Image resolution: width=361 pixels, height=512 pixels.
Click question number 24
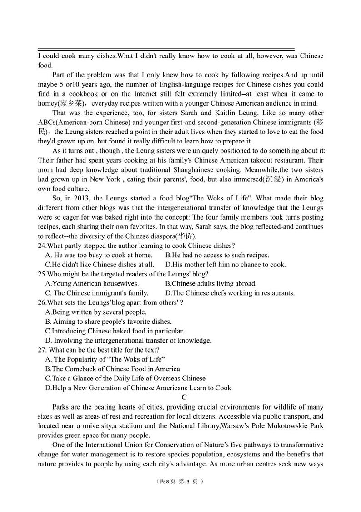point(42,246)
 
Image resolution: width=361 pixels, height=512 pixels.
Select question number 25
point(42,274)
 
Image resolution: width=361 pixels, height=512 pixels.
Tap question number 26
point(42,302)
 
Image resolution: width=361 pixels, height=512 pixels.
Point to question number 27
point(42,350)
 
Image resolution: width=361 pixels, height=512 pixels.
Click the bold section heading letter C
point(184,397)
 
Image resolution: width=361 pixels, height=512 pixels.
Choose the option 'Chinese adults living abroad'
point(211,283)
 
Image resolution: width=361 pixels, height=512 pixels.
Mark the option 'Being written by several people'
point(95,312)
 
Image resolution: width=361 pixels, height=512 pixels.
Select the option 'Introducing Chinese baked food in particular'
point(115,331)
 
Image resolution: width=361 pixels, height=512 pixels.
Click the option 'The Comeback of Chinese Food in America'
point(112,369)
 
